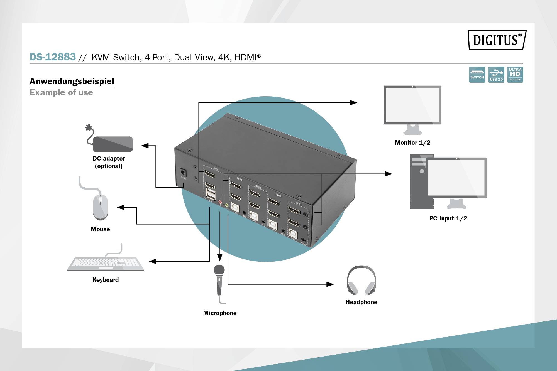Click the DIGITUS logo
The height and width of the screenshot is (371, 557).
[x=497, y=40]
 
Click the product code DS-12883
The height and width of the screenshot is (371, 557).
[x=53, y=57]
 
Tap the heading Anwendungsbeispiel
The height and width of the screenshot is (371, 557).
[x=72, y=81]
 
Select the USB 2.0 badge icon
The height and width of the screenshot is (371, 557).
[x=496, y=74]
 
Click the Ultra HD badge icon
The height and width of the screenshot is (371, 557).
[x=515, y=74]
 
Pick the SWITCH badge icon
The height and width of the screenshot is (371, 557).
[x=477, y=74]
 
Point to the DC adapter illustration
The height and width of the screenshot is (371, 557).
[x=113, y=144]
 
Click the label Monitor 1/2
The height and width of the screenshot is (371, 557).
[x=412, y=143]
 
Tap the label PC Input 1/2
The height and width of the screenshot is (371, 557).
[x=448, y=218]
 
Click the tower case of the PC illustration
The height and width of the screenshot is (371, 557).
[x=418, y=184]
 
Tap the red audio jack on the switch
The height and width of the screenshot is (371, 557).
[x=220, y=202]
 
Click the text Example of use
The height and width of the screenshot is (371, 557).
[x=61, y=93]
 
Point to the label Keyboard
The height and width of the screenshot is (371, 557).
[x=106, y=280]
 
